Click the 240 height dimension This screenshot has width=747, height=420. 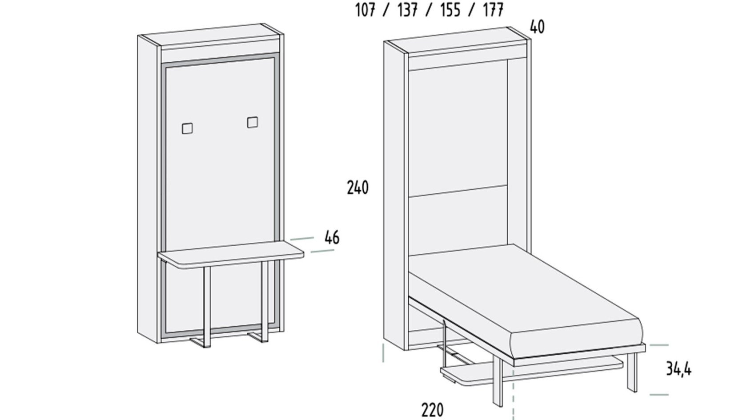click(x=358, y=188)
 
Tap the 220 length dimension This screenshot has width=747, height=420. click(x=433, y=410)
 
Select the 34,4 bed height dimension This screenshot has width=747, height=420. click(x=679, y=369)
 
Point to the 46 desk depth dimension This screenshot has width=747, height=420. click(x=332, y=238)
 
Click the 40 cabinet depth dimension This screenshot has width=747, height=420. click(x=537, y=27)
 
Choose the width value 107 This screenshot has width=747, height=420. click(x=365, y=10)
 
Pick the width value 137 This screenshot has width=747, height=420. click(x=407, y=10)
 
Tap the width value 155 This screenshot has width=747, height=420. click(x=450, y=10)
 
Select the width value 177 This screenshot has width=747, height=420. click(x=493, y=10)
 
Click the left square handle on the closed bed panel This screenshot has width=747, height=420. click(x=188, y=128)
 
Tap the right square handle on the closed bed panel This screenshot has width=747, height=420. click(x=253, y=122)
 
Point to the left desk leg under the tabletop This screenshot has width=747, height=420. click(x=207, y=307)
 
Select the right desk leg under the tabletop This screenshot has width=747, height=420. click(x=265, y=302)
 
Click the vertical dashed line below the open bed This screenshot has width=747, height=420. click(x=514, y=390)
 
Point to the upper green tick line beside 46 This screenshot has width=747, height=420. click(x=302, y=239)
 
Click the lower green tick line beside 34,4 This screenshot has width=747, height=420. click(x=659, y=395)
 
